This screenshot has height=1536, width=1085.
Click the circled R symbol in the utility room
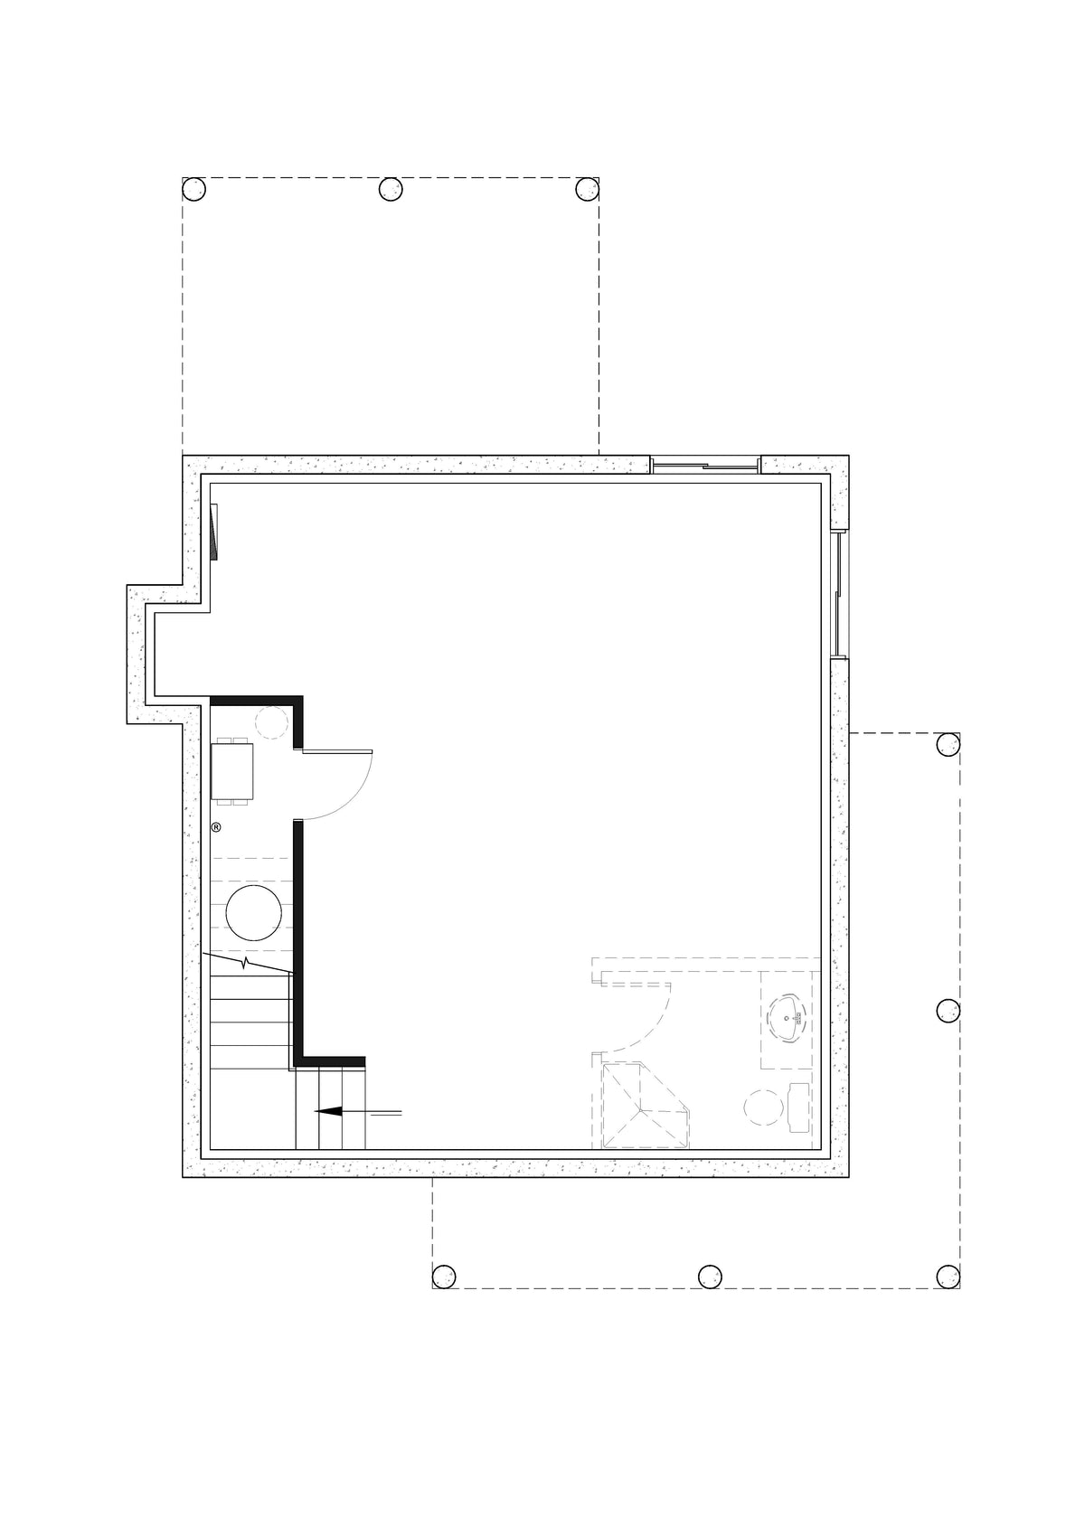[216, 826]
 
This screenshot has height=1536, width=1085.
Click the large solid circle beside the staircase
[253, 913]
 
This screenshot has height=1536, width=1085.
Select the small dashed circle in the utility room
[270, 723]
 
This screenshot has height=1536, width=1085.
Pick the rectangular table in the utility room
[232, 771]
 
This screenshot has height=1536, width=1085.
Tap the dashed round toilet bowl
[761, 1107]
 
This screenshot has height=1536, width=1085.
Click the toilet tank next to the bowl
[799, 1107]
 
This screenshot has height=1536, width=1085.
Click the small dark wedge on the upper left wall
[213, 532]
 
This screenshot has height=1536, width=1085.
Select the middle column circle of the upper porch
[390, 189]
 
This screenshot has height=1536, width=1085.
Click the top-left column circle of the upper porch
[194, 189]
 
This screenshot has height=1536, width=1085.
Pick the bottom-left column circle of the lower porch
[443, 1277]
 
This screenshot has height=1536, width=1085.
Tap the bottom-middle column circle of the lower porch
[710, 1277]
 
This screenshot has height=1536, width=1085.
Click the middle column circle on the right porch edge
[948, 1010]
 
